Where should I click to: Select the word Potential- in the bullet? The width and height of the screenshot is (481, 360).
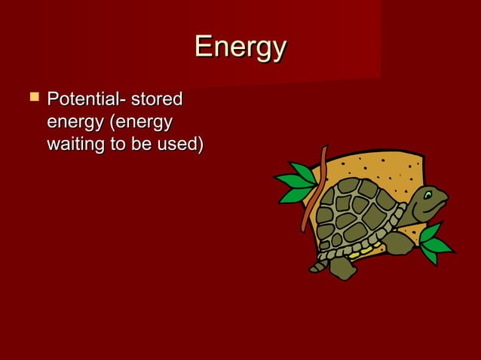click(x=85, y=99)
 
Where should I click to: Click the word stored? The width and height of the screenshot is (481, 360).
click(x=157, y=99)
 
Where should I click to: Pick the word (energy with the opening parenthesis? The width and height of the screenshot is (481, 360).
click(x=141, y=122)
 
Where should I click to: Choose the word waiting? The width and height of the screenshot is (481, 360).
click(x=75, y=144)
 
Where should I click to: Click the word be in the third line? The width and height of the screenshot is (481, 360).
click(x=141, y=144)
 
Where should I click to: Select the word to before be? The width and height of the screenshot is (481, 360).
click(x=118, y=144)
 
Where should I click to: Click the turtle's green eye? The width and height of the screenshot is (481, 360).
click(x=428, y=195)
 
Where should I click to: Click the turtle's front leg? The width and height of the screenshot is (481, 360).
click(x=397, y=243)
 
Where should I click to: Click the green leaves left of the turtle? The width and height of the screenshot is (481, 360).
click(x=296, y=185)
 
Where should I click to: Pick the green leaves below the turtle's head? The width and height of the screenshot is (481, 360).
click(x=434, y=243)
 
